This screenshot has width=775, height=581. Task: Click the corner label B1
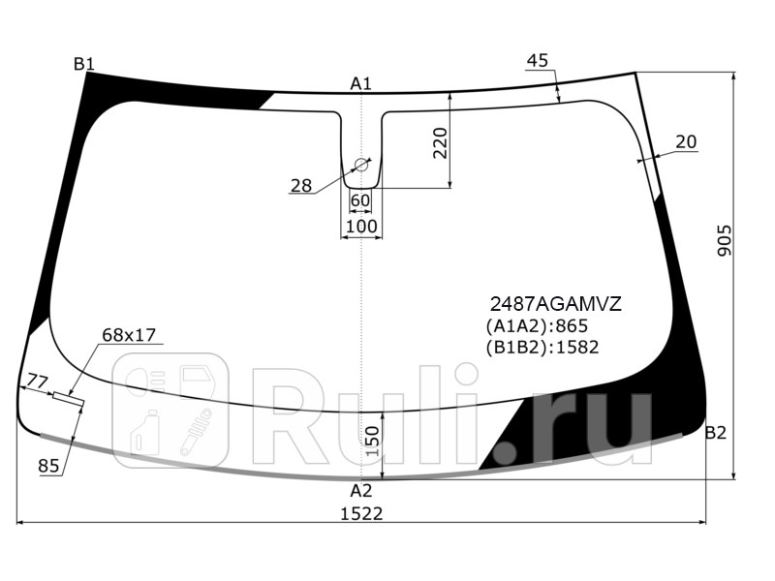[84, 64]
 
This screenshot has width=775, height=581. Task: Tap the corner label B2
[715, 433]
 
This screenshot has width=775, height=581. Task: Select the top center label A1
[361, 84]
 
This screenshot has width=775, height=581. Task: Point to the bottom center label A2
[361, 490]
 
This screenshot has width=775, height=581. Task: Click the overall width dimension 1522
[361, 513]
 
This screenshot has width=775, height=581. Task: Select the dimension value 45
[538, 61]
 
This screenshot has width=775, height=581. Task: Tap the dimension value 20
[686, 142]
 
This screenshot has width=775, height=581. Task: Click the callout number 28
[301, 185]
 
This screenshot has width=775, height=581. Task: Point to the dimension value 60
[360, 200]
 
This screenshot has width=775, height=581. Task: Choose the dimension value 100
[361, 226]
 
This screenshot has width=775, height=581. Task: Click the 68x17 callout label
[129, 335]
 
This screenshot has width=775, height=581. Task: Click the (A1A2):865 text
[537, 326]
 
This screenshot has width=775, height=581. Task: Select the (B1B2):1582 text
[542, 348]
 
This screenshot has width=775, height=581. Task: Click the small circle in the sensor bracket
[361, 165]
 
